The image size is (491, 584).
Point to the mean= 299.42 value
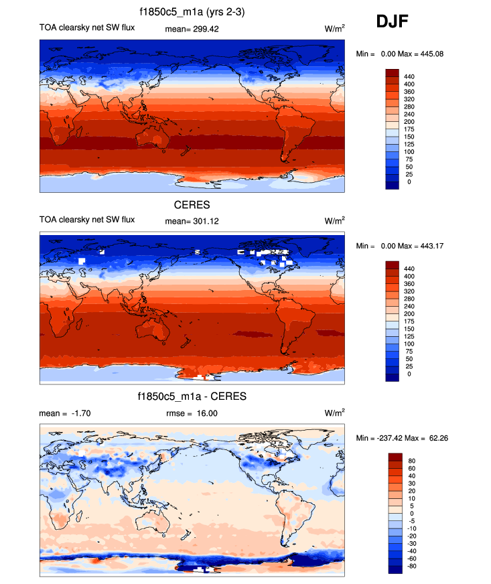[x=192, y=29]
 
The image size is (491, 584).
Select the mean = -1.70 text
[x=65, y=413]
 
